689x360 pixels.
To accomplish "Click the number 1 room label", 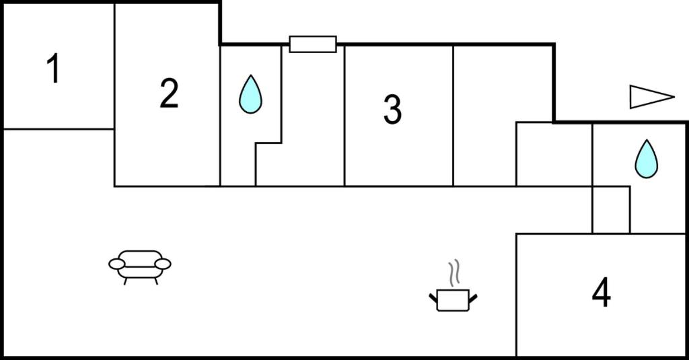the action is [53, 68].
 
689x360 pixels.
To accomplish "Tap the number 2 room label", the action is [169, 93].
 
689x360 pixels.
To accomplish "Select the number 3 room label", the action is [392, 110].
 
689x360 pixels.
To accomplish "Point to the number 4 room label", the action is [601, 292].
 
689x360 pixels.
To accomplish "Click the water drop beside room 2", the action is [250, 94].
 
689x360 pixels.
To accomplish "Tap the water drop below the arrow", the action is [647, 159].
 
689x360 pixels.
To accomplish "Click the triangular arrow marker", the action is [652, 97].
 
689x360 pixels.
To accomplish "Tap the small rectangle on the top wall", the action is [313, 44].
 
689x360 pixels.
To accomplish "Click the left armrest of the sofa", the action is [117, 264].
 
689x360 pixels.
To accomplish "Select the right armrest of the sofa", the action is [163, 264].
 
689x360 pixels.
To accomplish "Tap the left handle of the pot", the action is [433, 298].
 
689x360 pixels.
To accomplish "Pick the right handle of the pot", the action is [473, 298].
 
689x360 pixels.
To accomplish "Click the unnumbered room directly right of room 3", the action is [484, 116].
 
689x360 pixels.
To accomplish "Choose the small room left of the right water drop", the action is [554, 154].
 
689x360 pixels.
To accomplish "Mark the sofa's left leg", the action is [126, 281].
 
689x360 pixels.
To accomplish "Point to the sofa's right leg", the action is [155, 281].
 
